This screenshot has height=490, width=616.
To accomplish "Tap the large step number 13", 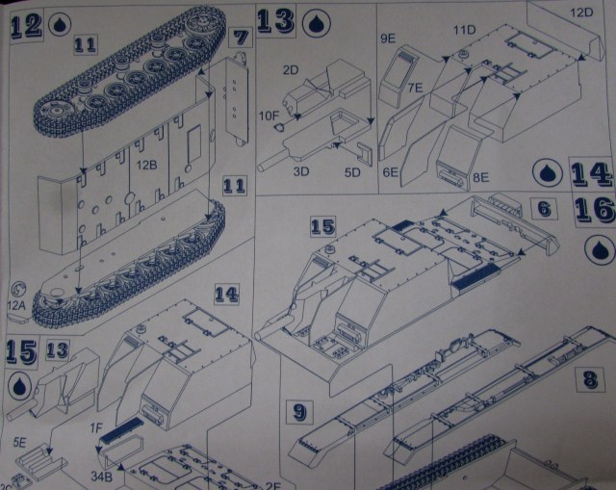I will (275, 22).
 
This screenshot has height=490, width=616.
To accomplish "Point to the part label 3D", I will (300, 172).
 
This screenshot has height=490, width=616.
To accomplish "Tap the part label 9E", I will (388, 39).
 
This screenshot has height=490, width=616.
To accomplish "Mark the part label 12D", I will (581, 12).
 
